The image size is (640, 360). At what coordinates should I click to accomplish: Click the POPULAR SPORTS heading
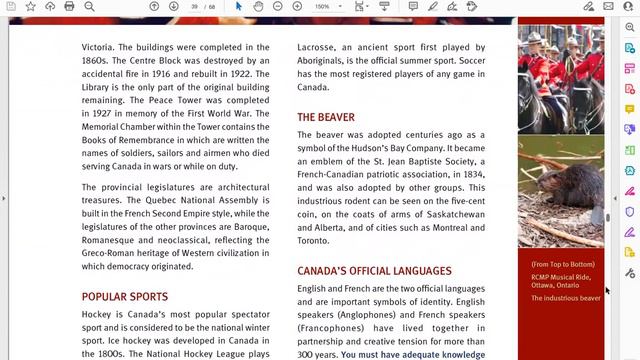coord(125,296)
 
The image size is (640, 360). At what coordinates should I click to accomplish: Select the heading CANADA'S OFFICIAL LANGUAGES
coord(374,271)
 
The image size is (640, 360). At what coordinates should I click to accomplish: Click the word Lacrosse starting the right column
coord(318,47)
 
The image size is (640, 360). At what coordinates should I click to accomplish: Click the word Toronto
coord(312,240)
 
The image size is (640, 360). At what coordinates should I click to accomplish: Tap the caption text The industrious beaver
coord(566,298)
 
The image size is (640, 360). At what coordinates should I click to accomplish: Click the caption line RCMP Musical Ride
coord(561,277)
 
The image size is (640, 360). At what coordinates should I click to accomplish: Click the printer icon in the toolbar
coord(69,6)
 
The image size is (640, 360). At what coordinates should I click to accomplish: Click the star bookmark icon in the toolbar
coord(31,6)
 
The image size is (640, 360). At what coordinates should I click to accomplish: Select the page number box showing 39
coord(194,6)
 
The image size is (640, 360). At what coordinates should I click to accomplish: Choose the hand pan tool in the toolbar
coord(258,6)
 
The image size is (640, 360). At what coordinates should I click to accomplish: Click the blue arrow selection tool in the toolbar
coord(238,6)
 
